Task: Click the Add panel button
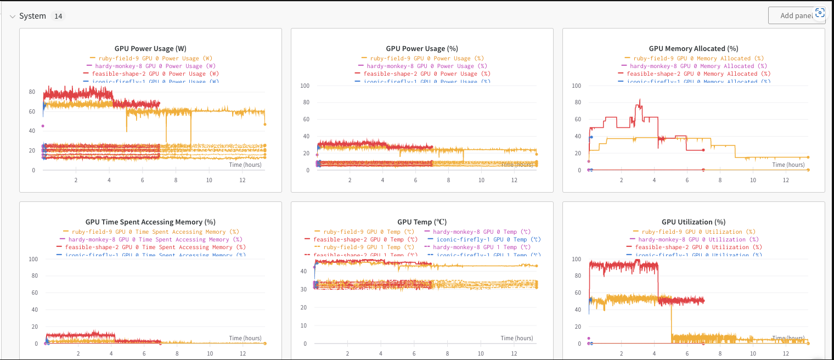point(796,16)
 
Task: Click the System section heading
point(32,16)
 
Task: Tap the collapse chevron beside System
point(13,16)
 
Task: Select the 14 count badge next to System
point(58,16)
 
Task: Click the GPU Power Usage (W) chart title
point(150,48)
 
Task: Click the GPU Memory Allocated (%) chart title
point(694,48)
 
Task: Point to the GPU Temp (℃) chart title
point(422,222)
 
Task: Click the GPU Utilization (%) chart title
point(694,222)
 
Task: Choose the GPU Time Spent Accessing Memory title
point(150,222)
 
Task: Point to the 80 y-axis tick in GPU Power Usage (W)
point(32,92)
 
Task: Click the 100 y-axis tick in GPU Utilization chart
point(576,259)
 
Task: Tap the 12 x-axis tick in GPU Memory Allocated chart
point(786,180)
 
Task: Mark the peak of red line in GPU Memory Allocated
point(640,100)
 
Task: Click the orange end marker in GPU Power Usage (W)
point(265,124)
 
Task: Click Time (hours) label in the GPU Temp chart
point(516,338)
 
